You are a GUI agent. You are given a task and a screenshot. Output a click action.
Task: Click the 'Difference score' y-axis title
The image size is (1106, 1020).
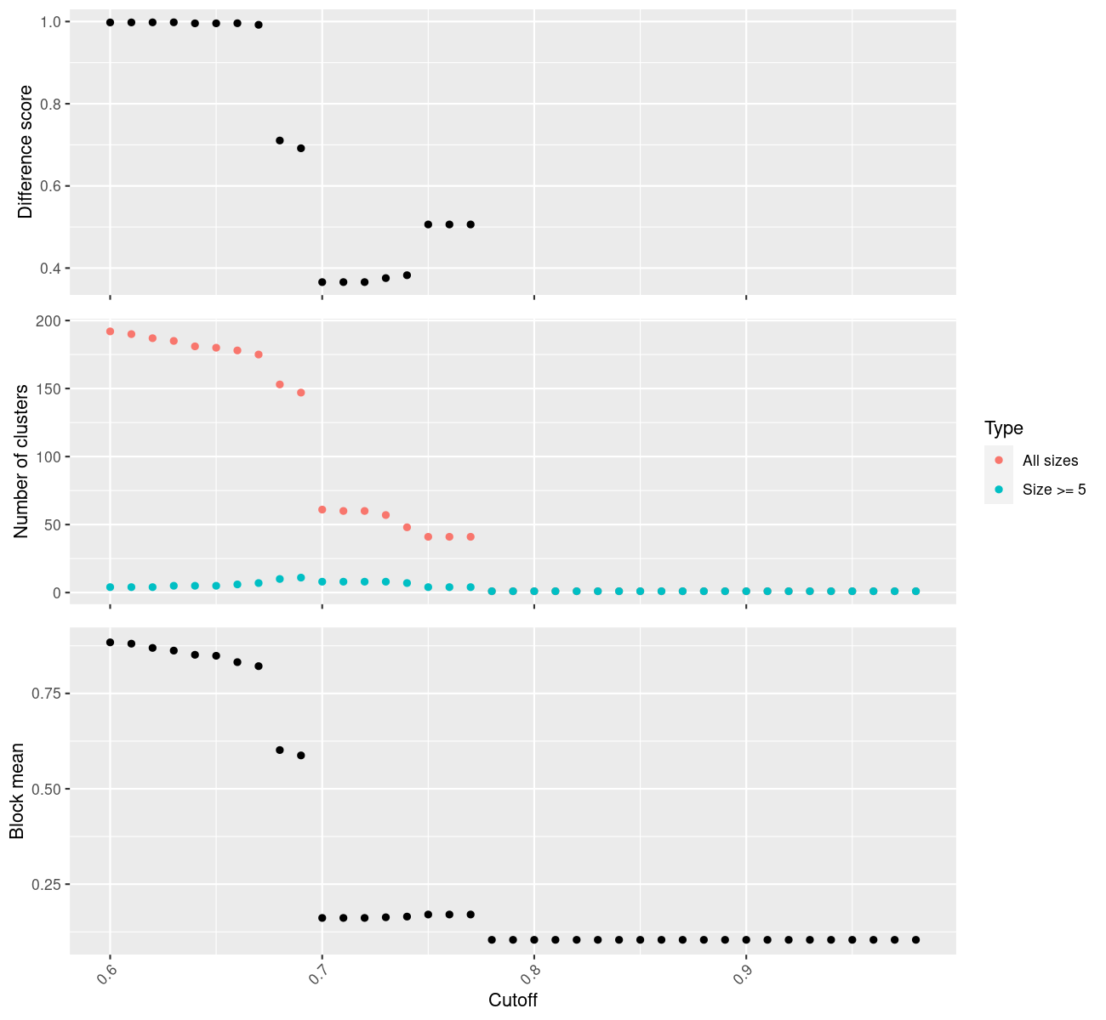point(26,152)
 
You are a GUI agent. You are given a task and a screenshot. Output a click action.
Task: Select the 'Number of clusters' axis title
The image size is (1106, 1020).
point(22,461)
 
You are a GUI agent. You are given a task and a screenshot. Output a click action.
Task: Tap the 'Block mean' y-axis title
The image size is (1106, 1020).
point(17,790)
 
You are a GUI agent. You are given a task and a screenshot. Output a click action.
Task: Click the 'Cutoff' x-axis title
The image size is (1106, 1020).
point(512,1000)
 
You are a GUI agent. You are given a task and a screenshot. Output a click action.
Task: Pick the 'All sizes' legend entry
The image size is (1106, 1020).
point(1050,461)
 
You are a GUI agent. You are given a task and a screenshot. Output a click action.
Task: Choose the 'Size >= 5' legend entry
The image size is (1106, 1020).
point(1054,490)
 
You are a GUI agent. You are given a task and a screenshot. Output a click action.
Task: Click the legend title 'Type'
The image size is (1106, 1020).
point(1003,428)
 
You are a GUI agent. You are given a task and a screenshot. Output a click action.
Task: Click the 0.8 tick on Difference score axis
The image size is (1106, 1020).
point(52,104)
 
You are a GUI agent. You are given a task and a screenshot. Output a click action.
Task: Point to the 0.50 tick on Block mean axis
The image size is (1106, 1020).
point(48,789)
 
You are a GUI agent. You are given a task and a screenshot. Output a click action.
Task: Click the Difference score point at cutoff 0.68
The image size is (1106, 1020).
point(280,140)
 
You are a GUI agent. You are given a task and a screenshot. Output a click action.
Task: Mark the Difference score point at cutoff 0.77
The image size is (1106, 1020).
point(470,224)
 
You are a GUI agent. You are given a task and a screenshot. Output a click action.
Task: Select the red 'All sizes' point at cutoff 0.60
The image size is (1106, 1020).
point(110,331)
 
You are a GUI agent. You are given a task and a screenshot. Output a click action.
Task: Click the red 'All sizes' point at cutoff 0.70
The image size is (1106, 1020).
point(322,510)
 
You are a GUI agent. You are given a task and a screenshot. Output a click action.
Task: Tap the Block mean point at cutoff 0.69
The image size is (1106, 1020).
point(301,755)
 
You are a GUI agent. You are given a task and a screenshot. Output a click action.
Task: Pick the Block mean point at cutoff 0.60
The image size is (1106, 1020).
point(110,643)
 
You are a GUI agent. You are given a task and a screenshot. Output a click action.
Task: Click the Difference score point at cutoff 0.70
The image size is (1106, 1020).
point(322,282)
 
